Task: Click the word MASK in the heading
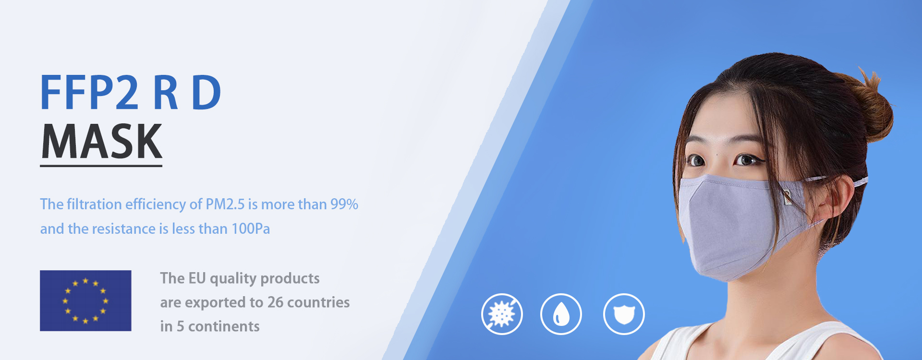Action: click(x=102, y=141)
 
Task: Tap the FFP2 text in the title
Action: click(x=90, y=93)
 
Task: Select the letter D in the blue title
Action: click(x=206, y=93)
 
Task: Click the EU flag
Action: click(x=85, y=300)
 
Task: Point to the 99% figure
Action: click(x=344, y=204)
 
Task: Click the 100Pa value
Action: click(x=251, y=228)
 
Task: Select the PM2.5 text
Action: click(x=225, y=204)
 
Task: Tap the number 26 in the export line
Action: click(x=275, y=302)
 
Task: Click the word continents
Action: click(x=224, y=326)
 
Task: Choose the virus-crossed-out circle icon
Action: click(x=502, y=314)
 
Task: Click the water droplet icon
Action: click(x=561, y=314)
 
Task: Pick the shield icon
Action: click(x=624, y=314)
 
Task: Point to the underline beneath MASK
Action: click(x=101, y=166)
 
